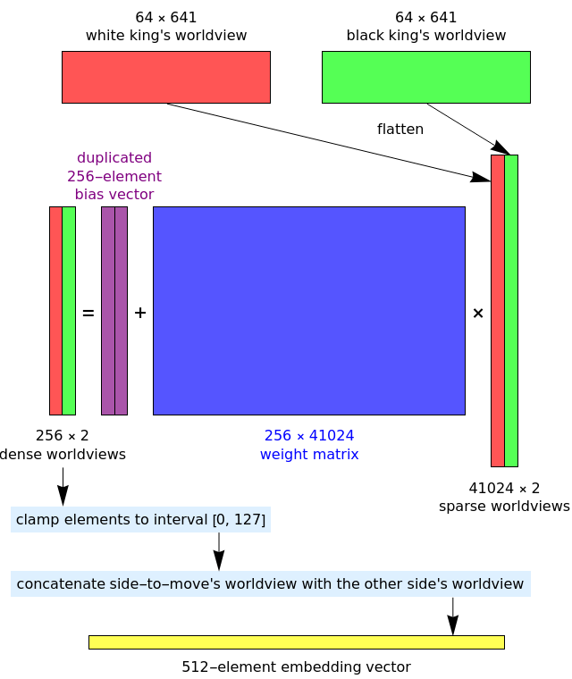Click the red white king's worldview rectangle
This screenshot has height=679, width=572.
(165, 77)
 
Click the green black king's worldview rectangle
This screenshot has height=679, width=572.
(425, 77)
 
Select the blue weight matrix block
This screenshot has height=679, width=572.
(308, 310)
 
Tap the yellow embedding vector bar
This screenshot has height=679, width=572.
(296, 641)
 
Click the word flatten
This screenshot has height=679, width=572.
(400, 129)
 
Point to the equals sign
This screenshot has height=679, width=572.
(88, 313)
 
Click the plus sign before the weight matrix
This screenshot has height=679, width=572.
(140, 313)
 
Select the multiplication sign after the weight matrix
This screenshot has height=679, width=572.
(478, 313)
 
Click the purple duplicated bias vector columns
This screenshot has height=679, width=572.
(114, 310)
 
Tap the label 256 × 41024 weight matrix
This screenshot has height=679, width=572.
(309, 445)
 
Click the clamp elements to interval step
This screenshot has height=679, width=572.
(140, 519)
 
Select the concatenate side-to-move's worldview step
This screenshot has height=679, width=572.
(270, 583)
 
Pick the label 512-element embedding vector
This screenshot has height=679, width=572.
(296, 666)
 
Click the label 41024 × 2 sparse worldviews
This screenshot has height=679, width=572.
(504, 497)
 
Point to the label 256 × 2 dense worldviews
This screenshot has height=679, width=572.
(63, 445)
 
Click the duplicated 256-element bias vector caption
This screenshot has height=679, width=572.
(114, 176)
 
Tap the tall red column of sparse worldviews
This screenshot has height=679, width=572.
(498, 310)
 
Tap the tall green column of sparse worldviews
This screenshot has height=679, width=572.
(511, 310)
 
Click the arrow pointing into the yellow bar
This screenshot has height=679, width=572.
(452, 616)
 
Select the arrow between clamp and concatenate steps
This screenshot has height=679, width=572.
(219, 551)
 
